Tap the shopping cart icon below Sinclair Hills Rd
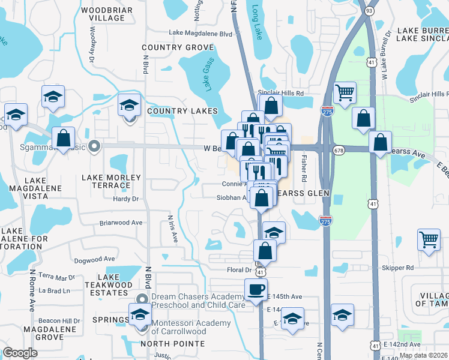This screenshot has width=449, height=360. (345, 93)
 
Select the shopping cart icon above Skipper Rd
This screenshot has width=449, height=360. (429, 240)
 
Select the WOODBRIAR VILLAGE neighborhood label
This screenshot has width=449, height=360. (103, 14)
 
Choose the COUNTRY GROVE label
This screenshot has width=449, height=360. (178, 47)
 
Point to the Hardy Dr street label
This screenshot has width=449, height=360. (127, 199)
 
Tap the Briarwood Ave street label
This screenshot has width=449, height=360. (121, 223)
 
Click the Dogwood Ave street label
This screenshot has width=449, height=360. (94, 259)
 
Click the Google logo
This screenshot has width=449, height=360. (20, 353)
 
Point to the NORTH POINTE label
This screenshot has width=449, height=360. (172, 344)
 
